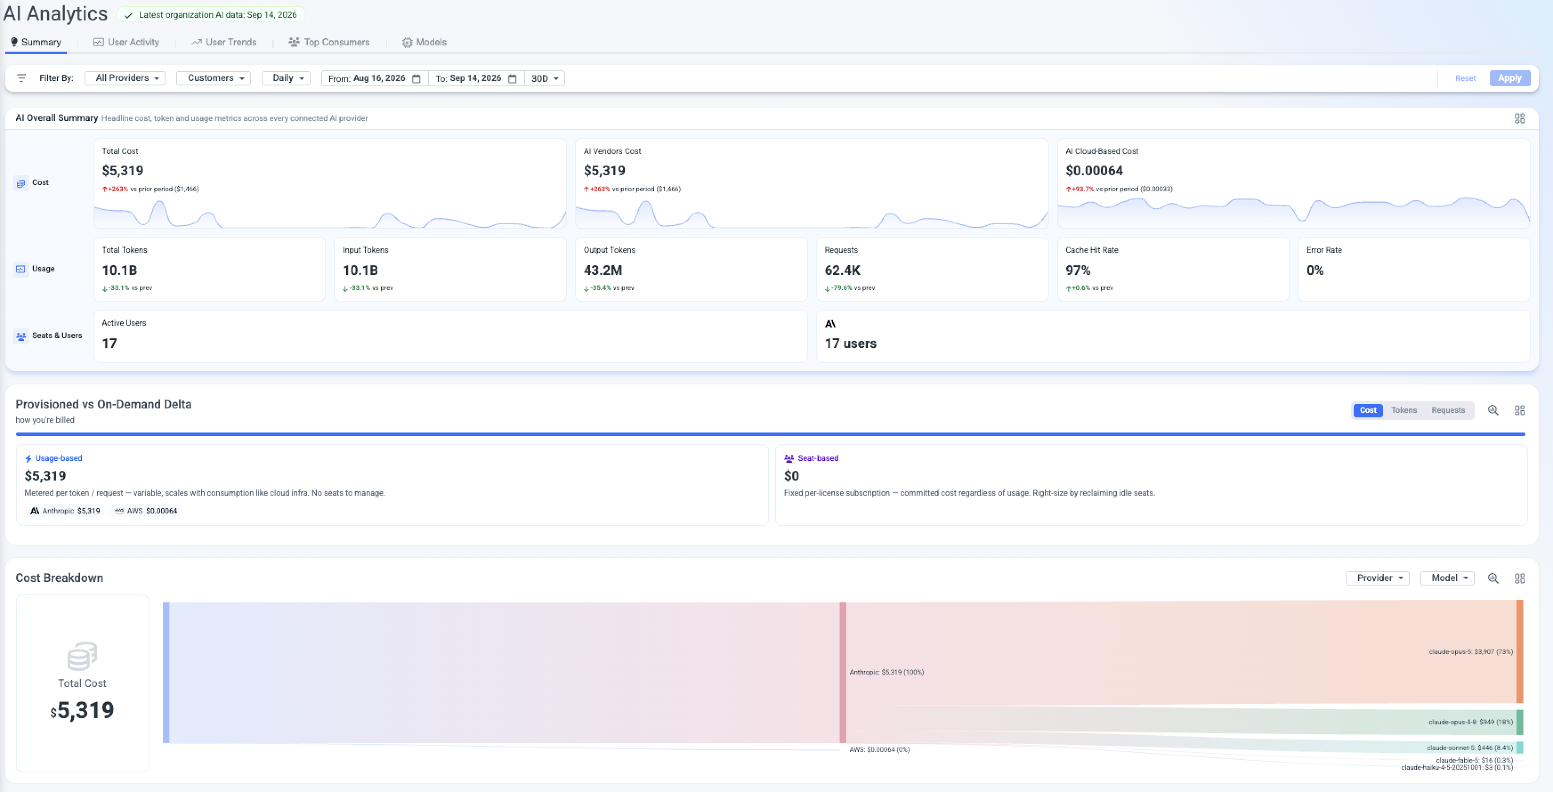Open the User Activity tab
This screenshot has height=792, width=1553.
click(x=127, y=42)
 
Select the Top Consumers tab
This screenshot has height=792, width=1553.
click(x=329, y=42)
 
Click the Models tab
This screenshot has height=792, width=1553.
click(x=425, y=42)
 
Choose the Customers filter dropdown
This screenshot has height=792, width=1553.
click(x=214, y=78)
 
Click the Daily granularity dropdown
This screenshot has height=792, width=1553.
click(x=287, y=78)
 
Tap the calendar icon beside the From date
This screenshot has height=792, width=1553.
click(x=416, y=78)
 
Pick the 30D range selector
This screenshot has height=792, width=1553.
click(x=544, y=78)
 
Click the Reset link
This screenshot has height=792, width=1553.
click(x=1465, y=78)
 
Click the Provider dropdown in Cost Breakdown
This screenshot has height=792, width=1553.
click(x=1378, y=578)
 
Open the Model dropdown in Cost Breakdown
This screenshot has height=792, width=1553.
click(x=1448, y=578)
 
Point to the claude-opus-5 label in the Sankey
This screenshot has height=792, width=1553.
click(x=1470, y=651)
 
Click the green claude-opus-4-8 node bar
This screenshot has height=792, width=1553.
click(x=1520, y=722)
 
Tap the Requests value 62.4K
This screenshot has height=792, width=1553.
click(x=842, y=271)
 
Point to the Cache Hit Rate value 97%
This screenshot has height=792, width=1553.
click(x=1078, y=271)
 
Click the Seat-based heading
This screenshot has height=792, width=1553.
click(x=817, y=458)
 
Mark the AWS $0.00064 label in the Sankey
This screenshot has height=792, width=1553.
click(x=879, y=750)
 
